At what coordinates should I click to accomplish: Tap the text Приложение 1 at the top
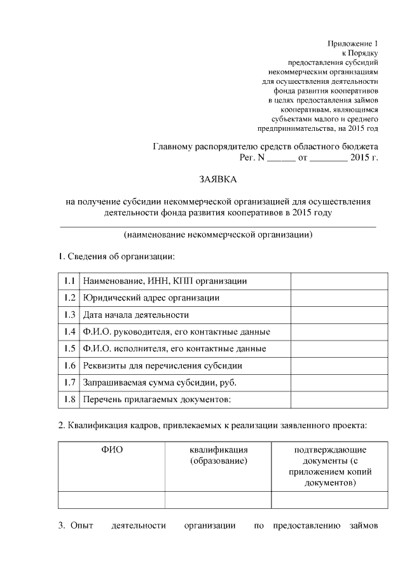pos(353,43)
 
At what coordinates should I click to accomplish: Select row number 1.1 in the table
pos(69,281)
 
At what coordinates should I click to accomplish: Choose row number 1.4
pos(69,332)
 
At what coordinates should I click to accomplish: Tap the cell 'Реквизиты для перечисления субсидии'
pos(162,366)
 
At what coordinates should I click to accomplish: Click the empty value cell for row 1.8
pos(339,400)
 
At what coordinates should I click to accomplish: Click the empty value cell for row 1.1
pos(339,281)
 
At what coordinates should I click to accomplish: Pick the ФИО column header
pos(111,450)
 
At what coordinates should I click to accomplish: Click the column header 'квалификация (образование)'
pos(218,455)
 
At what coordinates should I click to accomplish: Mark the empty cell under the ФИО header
pos(111,500)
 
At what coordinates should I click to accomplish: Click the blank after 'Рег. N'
pos(280,158)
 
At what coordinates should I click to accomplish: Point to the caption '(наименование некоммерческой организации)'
pos(218,234)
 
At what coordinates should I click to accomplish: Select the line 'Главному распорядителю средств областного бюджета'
pos(265,146)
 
